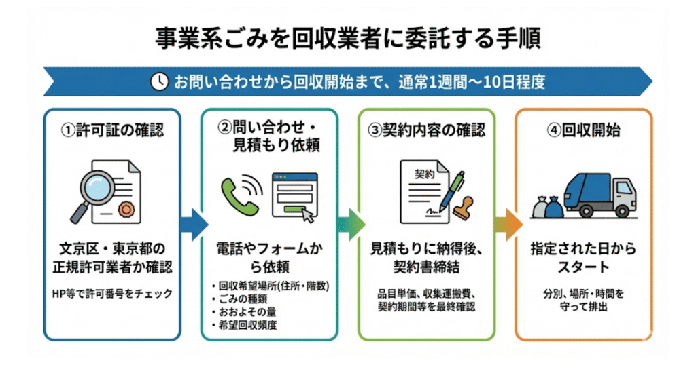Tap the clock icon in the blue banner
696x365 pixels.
tap(158, 81)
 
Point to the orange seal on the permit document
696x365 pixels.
tap(126, 208)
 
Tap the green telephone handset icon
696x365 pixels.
tap(236, 193)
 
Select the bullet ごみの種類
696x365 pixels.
tap(242, 299)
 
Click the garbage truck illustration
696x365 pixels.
tap(598, 193)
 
